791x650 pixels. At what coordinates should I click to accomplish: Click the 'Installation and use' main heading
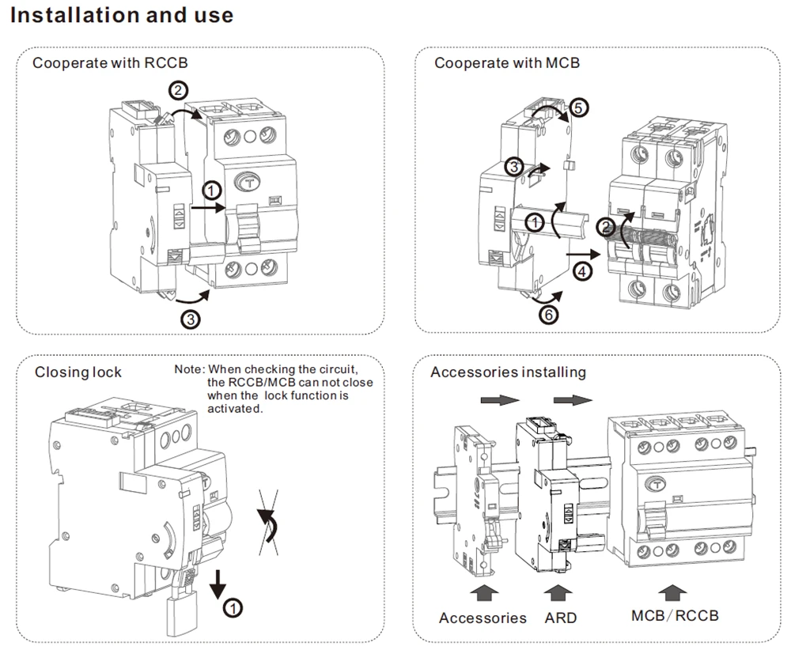click(x=122, y=15)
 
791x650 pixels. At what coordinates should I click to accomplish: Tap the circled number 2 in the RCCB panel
click(x=178, y=91)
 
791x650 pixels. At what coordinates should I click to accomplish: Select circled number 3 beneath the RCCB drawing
click(x=191, y=319)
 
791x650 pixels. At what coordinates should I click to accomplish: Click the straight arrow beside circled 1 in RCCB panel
click(x=208, y=206)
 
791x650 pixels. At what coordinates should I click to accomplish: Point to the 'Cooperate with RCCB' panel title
click(x=110, y=63)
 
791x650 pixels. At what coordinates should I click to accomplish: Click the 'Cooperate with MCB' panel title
click(x=507, y=63)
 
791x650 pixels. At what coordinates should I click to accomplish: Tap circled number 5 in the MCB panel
click(x=579, y=108)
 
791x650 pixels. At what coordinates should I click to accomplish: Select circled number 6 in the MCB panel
click(x=549, y=316)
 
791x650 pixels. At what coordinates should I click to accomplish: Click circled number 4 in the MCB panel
click(x=583, y=272)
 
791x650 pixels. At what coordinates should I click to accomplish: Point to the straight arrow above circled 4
click(x=584, y=255)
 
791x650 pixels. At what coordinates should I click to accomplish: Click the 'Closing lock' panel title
click(x=78, y=372)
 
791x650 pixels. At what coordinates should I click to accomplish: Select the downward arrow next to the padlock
click(x=218, y=584)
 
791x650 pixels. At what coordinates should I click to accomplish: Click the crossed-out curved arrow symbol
click(x=268, y=523)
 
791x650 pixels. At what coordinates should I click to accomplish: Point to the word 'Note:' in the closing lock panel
click(x=190, y=369)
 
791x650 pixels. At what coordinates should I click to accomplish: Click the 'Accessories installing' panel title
click(x=508, y=372)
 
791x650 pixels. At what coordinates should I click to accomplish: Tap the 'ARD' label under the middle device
click(x=561, y=618)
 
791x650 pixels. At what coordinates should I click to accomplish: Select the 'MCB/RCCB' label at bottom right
click(x=675, y=616)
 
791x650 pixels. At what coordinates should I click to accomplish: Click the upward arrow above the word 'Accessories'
click(x=484, y=593)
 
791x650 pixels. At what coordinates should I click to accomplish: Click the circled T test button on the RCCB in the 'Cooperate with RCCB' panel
click(x=248, y=183)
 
